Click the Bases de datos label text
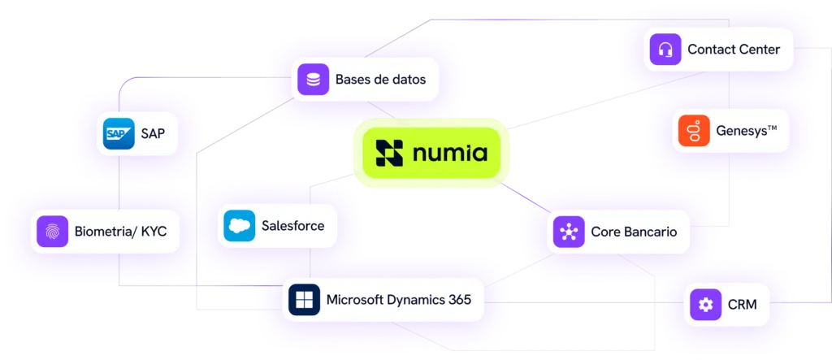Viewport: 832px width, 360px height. pyautogui.click(x=380, y=80)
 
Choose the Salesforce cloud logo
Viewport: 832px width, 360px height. pyautogui.click(x=240, y=226)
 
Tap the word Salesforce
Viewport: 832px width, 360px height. pyautogui.click(x=292, y=226)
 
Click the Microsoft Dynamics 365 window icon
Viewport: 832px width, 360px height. pyautogui.click(x=303, y=300)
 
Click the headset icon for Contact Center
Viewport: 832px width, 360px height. pyautogui.click(x=665, y=50)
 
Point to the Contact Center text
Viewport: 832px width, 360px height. pyautogui.click(x=733, y=50)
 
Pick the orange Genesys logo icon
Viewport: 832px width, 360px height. pyautogui.click(x=691, y=131)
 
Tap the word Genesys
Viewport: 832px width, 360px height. pyautogui.click(x=741, y=131)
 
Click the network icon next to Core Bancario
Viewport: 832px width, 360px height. pyautogui.click(x=568, y=232)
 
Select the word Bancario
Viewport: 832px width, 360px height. pyautogui.click(x=651, y=232)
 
